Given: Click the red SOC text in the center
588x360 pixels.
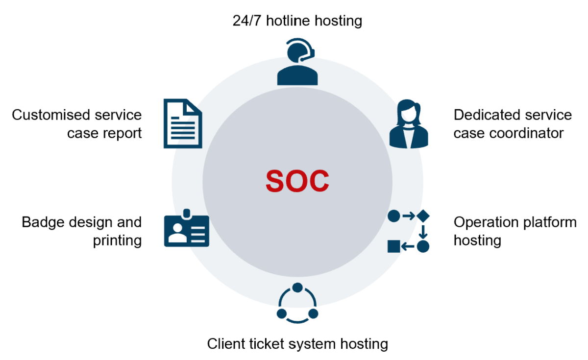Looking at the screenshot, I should pos(297,181).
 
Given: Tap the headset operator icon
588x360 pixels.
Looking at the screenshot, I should pos(297,64).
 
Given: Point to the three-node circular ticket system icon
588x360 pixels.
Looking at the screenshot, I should pos(297,304).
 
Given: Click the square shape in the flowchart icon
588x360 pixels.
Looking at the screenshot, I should pos(393,246).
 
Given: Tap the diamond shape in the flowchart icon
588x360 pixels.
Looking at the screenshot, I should pos(423,216).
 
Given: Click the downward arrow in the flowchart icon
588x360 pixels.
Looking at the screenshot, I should pos(423,231).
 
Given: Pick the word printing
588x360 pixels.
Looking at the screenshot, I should pos(118,240).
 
